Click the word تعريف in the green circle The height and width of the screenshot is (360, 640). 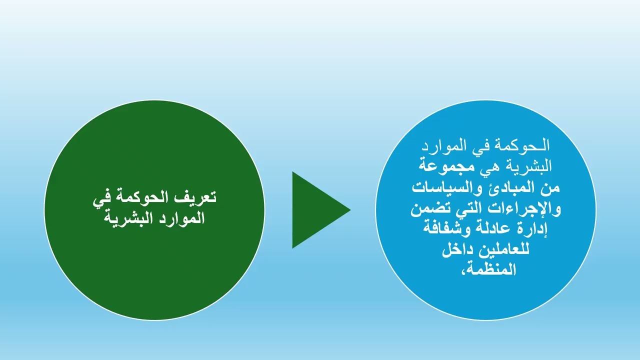(x=196, y=197)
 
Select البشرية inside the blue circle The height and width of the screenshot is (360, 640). (x=530, y=163)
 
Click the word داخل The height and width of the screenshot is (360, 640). (x=458, y=250)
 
